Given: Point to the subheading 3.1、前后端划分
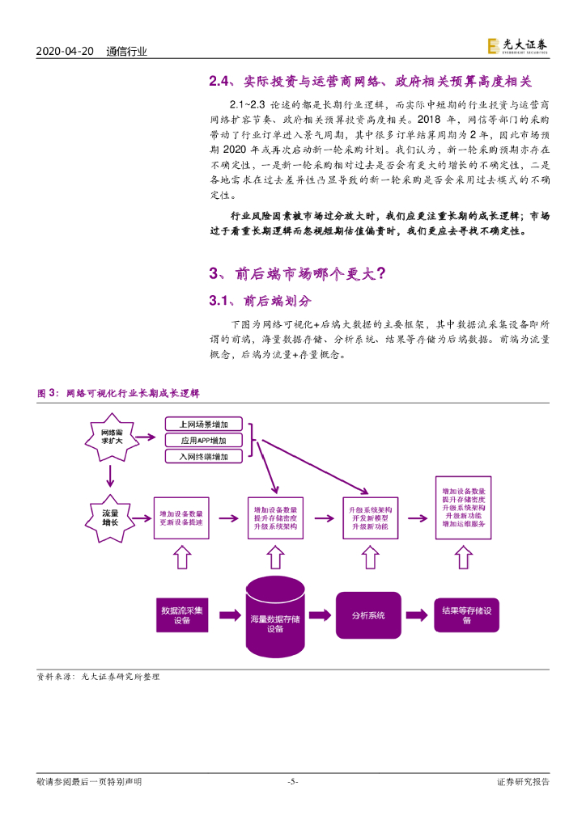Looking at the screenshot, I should tap(260, 301).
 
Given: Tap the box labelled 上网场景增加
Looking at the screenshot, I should tap(204, 424).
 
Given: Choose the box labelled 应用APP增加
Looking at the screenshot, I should tap(204, 441).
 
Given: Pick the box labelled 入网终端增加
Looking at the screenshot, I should tap(204, 457).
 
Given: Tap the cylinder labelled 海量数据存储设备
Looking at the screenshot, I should tap(274, 619).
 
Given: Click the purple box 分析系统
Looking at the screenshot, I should tap(368, 615).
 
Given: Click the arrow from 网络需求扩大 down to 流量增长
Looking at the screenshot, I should tap(109, 479).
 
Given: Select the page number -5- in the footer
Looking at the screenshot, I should tap(293, 782).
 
